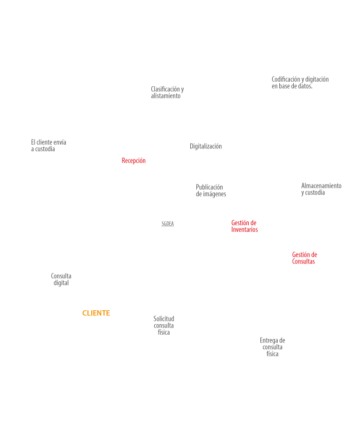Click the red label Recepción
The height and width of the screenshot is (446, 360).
(x=134, y=161)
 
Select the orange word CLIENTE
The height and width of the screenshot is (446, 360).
(x=96, y=314)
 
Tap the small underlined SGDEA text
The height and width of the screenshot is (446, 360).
(x=167, y=224)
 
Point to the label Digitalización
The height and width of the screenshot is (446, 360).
(x=206, y=147)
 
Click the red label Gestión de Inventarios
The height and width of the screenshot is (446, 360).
(x=244, y=226)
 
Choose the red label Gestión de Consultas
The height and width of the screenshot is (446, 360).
(x=304, y=258)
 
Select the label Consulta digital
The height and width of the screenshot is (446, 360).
(x=61, y=280)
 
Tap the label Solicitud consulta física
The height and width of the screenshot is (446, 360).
(x=164, y=325)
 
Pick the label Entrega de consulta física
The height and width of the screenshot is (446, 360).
(x=272, y=347)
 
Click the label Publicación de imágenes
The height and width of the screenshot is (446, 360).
(x=210, y=191)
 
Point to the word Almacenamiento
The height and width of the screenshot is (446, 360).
(x=321, y=186)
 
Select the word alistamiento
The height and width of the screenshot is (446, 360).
(x=166, y=96)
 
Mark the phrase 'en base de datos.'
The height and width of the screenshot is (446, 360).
(x=292, y=86)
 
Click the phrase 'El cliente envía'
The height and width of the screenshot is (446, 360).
(x=48, y=142)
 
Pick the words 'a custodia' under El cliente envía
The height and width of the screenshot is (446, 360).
(x=43, y=149)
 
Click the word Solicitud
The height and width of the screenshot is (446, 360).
(x=164, y=319)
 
